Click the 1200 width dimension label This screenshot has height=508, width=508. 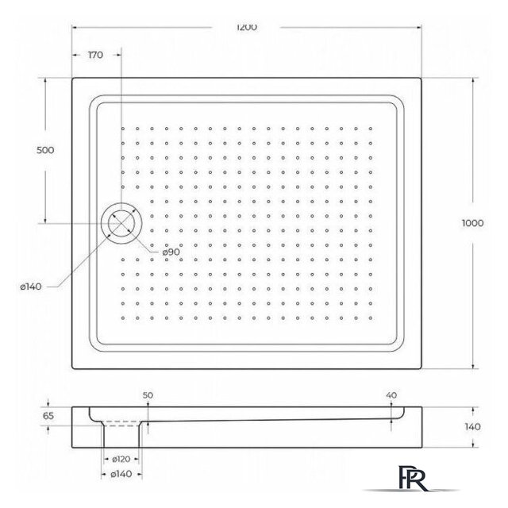tap(247, 26)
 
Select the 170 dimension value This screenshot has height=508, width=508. tap(95, 56)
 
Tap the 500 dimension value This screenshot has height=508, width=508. tap(45, 152)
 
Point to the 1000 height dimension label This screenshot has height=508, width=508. tap(471, 223)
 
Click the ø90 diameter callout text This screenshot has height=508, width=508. tap(173, 252)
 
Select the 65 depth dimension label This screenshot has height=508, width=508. tap(48, 414)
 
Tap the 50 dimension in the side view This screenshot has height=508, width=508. tap(147, 395)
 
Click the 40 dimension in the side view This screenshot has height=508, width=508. tap(390, 395)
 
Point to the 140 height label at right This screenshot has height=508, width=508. tap(471, 427)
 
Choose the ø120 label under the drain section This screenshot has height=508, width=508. tap(121, 460)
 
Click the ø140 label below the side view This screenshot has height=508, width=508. tap(121, 475)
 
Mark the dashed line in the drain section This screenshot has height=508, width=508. tap(121, 425)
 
